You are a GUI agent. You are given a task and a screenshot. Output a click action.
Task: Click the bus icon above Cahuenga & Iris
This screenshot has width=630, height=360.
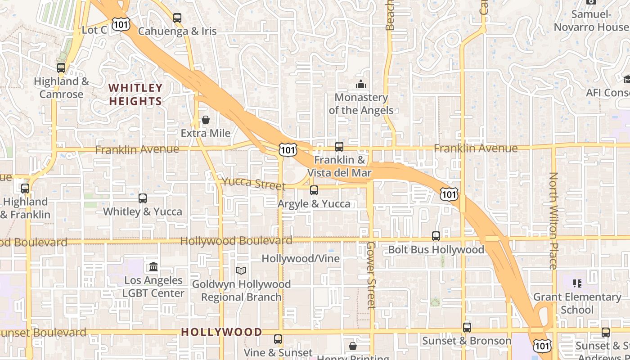[177, 18]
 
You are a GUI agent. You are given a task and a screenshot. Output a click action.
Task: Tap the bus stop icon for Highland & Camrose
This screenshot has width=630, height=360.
[61, 68]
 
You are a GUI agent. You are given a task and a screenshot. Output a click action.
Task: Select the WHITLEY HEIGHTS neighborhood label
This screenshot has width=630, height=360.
[135, 94]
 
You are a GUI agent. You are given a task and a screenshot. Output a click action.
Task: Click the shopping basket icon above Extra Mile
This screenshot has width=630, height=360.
[206, 120]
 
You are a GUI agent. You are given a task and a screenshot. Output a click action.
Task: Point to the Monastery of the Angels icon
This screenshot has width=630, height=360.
[360, 84]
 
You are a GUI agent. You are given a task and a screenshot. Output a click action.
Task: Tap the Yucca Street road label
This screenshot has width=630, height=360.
[253, 184]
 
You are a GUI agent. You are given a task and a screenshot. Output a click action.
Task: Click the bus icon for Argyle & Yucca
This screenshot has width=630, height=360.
[314, 190]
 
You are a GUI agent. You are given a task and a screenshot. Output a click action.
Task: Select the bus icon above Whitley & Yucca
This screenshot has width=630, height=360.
[143, 198]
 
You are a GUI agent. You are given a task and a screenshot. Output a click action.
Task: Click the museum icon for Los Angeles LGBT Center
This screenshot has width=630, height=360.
[153, 267]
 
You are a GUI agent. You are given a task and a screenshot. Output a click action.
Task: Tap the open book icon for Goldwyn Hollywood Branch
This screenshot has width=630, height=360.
[241, 270]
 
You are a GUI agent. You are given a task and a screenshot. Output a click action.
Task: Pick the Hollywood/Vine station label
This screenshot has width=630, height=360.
[301, 259]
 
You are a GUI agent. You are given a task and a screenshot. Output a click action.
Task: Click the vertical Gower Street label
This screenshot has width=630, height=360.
[370, 275]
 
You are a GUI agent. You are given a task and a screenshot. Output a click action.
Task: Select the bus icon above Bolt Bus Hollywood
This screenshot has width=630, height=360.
[436, 236]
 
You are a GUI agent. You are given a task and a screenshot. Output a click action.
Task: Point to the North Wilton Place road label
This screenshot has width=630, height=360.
[553, 220]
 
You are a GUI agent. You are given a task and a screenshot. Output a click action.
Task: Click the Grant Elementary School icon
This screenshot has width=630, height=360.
[577, 283]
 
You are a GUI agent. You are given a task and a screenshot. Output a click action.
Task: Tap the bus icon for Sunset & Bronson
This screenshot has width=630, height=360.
[467, 327]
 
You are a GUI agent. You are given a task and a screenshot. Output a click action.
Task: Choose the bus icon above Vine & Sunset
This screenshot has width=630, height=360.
[278, 339]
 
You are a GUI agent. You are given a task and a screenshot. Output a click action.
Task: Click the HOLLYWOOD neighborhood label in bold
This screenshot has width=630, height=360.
[221, 332]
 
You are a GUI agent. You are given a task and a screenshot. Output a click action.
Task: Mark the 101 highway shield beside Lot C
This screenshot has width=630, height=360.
[121, 24]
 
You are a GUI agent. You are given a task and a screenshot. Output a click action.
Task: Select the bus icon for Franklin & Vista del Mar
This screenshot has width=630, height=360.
[339, 147]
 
